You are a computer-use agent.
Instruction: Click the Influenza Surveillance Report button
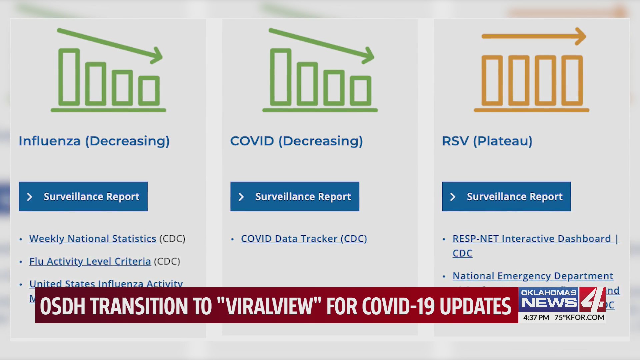[83, 196]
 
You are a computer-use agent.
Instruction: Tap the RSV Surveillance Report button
[506, 196]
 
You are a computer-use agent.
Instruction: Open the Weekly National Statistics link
[93, 239]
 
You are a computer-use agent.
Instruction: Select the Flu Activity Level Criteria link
[90, 261]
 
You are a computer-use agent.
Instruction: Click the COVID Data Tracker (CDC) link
[304, 239]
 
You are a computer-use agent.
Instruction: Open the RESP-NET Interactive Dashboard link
[531, 239]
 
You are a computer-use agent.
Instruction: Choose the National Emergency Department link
[533, 276]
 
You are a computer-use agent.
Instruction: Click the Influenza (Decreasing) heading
[94, 141]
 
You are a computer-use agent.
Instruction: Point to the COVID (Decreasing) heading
[296, 141]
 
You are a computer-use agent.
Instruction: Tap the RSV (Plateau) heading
[487, 141]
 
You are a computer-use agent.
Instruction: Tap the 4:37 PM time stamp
[536, 318]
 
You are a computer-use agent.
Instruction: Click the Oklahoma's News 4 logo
[562, 299]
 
